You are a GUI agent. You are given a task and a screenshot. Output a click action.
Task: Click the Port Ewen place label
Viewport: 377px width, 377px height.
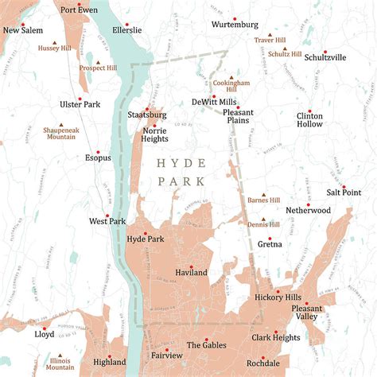[78, 10]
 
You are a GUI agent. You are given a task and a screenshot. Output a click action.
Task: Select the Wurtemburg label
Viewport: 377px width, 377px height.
[235, 25]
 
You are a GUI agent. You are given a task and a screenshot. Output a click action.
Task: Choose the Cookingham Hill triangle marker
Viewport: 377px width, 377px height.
[231, 78]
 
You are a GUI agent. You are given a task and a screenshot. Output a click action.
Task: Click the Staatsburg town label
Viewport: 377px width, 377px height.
[147, 115]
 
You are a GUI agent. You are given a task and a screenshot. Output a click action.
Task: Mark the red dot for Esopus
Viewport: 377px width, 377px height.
[98, 150]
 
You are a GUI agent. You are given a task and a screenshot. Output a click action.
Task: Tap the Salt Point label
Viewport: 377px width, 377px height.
[344, 192]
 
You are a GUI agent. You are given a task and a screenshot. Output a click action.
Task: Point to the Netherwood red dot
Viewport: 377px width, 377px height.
[308, 204]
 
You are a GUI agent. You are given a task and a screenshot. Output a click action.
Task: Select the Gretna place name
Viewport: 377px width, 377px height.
[270, 245]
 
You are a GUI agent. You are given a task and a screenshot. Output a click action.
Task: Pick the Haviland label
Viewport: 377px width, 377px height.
[191, 273]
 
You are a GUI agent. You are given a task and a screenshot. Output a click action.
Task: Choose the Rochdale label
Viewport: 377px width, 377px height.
[262, 363]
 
